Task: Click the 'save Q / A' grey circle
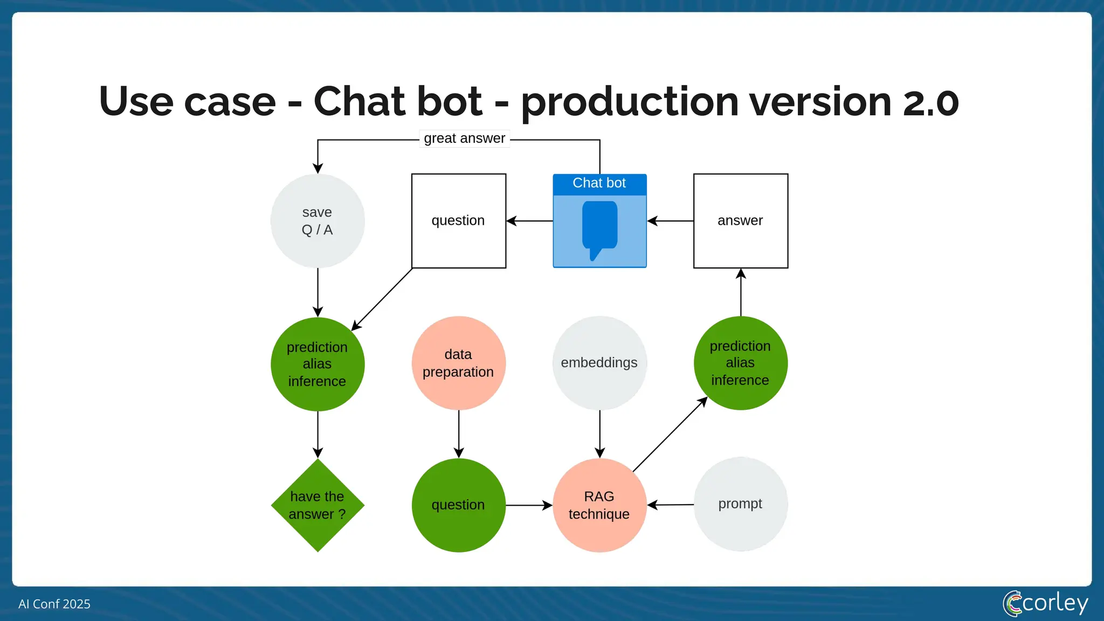[x=318, y=221]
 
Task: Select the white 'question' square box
[x=459, y=221]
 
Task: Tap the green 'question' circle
[x=459, y=505]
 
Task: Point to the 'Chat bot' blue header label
[x=599, y=183]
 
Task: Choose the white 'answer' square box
[x=741, y=221]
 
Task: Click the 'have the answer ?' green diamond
[x=318, y=505]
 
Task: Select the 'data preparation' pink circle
[x=459, y=363]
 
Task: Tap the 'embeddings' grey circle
[x=599, y=363]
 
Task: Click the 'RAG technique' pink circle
[x=599, y=505]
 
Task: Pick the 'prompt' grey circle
[x=741, y=504]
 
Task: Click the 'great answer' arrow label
[x=465, y=139]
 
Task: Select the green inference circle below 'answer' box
[x=741, y=363]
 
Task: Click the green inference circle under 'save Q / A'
[x=318, y=364]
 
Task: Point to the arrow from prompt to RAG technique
[x=671, y=505]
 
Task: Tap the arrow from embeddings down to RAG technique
[x=600, y=434]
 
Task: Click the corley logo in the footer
[x=1045, y=603]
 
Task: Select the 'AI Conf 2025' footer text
[x=54, y=604]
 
